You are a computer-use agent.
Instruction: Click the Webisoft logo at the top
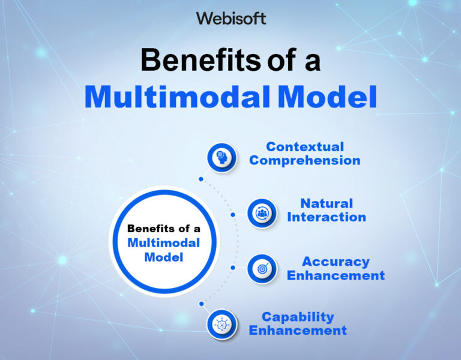[x=230, y=19]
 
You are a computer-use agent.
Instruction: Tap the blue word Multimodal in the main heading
[x=181, y=97]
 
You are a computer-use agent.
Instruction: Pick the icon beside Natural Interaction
[x=262, y=212]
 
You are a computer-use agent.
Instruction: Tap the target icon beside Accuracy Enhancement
[x=262, y=269]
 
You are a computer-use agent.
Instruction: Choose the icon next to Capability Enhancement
[x=221, y=325]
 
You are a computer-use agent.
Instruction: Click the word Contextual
[x=305, y=147]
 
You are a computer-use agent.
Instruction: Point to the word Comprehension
[x=305, y=161]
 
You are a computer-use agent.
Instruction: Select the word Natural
[x=327, y=203]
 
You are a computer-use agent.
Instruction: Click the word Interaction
[x=327, y=217]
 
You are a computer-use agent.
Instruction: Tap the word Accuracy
[x=336, y=262]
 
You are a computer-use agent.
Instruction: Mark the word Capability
[x=298, y=317]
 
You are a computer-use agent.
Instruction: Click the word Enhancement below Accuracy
[x=336, y=276]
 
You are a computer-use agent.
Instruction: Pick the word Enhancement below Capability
[x=298, y=331]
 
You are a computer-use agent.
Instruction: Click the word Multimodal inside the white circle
[x=164, y=243]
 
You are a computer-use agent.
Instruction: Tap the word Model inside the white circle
[x=164, y=257]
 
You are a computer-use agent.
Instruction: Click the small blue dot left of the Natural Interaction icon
[x=232, y=214]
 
